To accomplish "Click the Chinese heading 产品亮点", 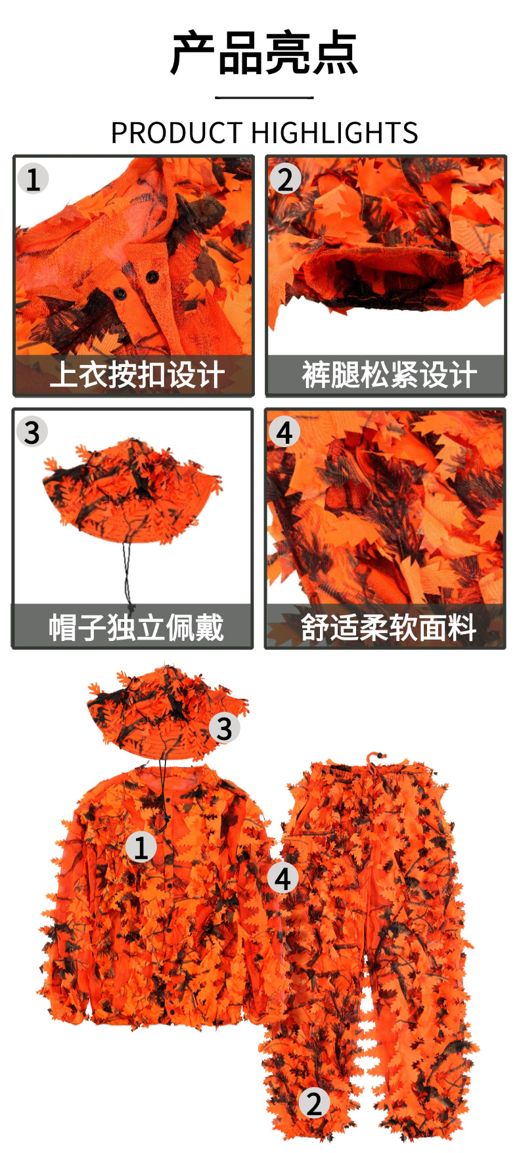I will pos(263,53).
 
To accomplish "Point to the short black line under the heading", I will pos(263,98).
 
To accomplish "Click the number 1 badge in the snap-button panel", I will pos(33,179).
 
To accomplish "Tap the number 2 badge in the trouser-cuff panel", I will pos(284,179).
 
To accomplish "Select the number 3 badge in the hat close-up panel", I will pos(32,432).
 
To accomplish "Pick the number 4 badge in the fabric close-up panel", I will pos(284,432).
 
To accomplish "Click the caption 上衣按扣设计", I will pos(136,375).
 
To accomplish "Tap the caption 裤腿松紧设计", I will pos(388,375).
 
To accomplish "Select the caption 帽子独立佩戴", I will pos(136,627).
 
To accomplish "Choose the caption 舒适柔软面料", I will pos(388,627).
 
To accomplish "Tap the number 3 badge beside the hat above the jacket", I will pos(224,728).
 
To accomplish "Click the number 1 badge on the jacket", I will pos(141,847).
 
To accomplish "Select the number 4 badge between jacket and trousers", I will pos(282,879).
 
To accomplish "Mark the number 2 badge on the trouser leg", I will pos(314,1104).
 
